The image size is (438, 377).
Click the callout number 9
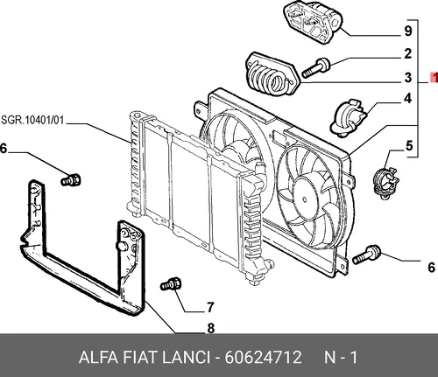[x=408, y=31]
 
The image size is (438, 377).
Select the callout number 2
[x=408, y=53]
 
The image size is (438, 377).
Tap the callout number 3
[x=408, y=77]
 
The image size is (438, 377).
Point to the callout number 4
[x=408, y=99]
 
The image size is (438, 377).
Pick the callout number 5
[x=409, y=145]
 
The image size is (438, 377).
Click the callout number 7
[x=210, y=307]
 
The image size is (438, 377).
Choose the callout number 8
[x=211, y=328]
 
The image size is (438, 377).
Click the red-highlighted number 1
[x=434, y=78]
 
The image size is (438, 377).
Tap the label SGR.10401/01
[x=32, y=120]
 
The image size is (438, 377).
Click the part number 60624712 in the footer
[x=263, y=357]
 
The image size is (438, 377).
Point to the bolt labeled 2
[x=316, y=67]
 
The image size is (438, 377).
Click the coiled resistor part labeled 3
[x=271, y=76]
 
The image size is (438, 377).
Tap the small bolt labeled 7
[x=171, y=283]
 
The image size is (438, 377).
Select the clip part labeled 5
[x=386, y=182]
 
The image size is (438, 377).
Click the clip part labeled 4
[x=348, y=118]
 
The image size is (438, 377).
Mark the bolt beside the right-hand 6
[x=366, y=255]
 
